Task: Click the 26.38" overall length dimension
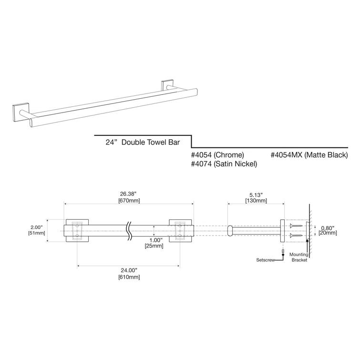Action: click(x=128, y=194)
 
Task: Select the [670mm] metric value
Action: click(x=128, y=201)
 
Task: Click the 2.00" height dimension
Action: click(x=36, y=227)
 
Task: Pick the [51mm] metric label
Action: click(x=36, y=233)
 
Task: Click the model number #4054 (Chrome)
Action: click(x=217, y=155)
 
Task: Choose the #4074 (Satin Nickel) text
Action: click(x=224, y=164)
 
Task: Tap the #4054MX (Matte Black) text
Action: click(x=309, y=155)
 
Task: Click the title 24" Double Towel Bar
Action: click(x=143, y=142)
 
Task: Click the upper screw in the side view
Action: click(x=295, y=226)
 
